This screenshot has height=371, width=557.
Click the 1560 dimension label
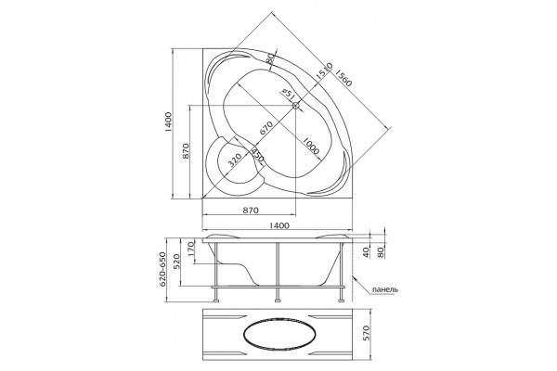point(343,78)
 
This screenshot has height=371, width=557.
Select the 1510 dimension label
point(324,71)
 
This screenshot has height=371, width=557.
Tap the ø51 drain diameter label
point(288,94)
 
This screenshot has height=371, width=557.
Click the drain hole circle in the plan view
point(296,106)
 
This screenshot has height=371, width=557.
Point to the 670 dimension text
point(266,128)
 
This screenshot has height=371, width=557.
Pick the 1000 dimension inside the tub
point(311,146)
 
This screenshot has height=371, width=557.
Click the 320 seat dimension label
point(235,160)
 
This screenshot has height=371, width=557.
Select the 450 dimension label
point(258,155)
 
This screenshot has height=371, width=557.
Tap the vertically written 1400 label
point(168,122)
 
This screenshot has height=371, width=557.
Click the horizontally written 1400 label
point(279,225)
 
